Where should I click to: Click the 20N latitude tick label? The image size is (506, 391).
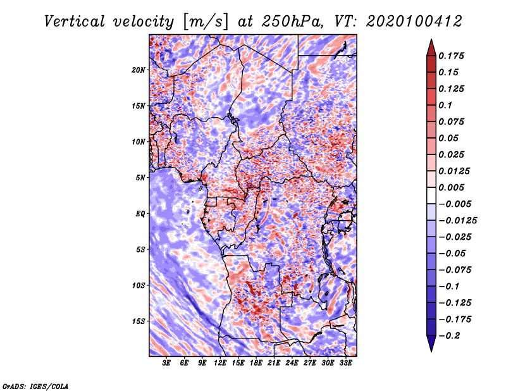point(139,70)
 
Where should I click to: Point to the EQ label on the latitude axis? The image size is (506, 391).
point(140,213)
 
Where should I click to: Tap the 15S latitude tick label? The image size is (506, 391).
point(139,321)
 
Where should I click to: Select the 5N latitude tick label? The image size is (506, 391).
point(140,177)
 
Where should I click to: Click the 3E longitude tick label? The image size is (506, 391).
point(167,363)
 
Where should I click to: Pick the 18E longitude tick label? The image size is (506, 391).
point(256,363)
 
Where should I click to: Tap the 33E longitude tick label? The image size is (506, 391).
point(345,363)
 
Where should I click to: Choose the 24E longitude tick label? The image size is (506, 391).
point(292,363)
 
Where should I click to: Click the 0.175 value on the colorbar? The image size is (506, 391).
point(453,56)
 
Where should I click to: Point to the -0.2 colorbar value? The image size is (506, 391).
point(450,335)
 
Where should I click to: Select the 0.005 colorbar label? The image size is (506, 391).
point(453,187)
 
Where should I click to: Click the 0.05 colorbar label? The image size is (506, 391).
point(450,138)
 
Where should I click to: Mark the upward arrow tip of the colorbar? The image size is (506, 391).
point(430,41)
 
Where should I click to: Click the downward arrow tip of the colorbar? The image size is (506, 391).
point(430,349)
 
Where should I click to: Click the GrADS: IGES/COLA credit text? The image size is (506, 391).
point(35,385)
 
